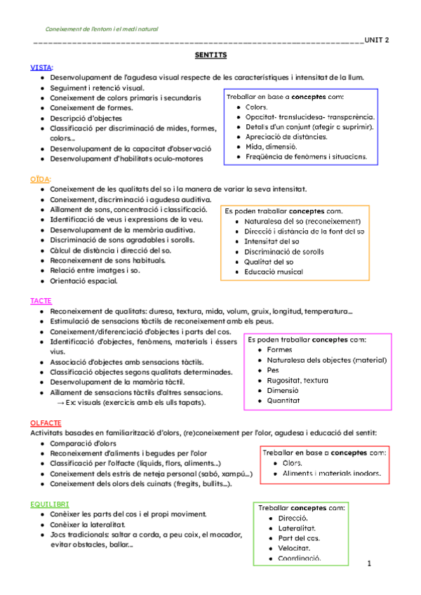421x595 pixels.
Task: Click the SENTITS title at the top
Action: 210,54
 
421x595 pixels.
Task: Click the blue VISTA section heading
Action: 41,67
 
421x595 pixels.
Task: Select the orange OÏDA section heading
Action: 40,180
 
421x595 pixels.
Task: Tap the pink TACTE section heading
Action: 41,300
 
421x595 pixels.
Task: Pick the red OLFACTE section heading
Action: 46,423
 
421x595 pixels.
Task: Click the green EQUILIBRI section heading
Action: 49,504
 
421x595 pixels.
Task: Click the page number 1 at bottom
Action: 368,563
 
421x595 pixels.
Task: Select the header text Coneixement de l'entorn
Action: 102,29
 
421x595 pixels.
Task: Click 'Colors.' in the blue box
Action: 258,107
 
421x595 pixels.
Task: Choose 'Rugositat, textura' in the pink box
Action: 298,380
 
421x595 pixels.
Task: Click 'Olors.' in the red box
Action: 293,463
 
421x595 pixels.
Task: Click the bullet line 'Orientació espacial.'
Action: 83,281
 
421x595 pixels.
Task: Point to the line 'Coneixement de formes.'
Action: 91,108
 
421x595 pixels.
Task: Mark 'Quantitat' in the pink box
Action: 283,400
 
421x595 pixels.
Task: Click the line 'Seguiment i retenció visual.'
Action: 98,88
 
